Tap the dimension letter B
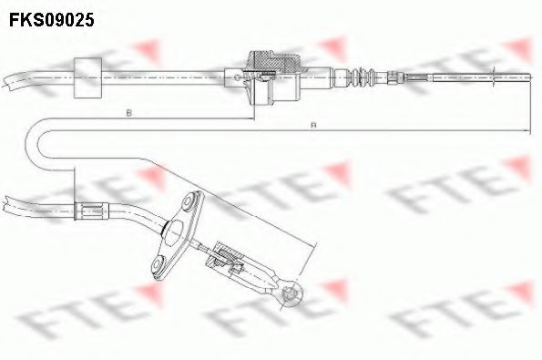click(x=129, y=113)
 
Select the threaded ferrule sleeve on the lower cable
click(x=91, y=212)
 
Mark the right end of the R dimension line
click(x=529, y=133)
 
